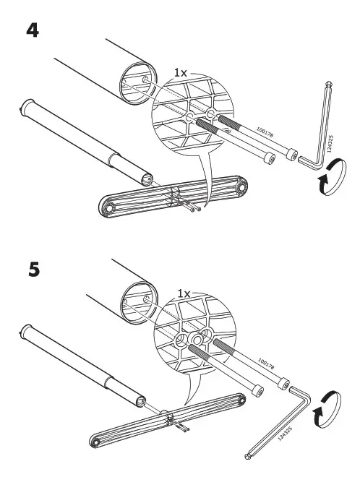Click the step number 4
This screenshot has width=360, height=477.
[x=33, y=30]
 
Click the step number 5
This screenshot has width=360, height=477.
[x=34, y=270]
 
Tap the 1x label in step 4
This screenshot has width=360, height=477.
[x=180, y=72]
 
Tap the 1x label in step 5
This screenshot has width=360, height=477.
[x=184, y=293]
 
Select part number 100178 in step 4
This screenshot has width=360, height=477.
[x=265, y=133]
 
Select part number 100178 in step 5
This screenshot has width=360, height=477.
[x=266, y=364]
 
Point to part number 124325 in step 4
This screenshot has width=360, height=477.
[x=331, y=144]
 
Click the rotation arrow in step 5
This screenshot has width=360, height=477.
[x=327, y=410]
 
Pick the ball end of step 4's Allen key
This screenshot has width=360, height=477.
[x=329, y=84]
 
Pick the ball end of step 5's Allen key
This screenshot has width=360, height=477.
[x=247, y=456]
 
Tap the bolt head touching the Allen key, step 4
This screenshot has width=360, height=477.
[x=292, y=154]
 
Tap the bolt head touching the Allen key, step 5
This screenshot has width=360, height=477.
[x=283, y=384]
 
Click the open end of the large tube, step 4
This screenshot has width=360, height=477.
[x=138, y=83]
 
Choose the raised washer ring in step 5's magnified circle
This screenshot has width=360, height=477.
[x=195, y=338]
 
